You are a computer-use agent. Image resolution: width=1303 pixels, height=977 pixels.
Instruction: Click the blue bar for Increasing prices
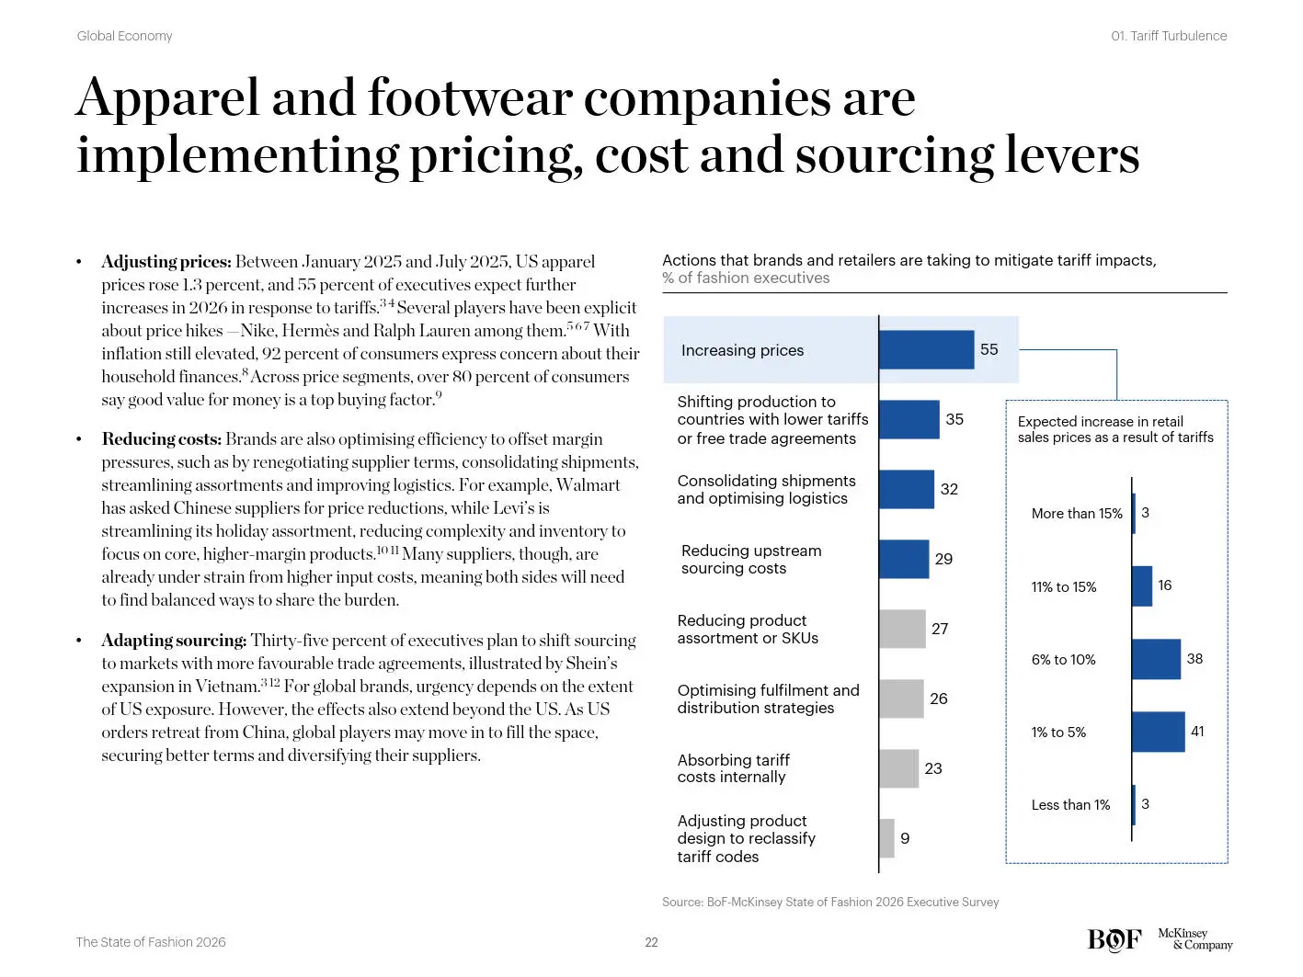click(926, 349)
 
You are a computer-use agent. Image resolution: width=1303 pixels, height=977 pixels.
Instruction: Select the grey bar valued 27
click(902, 629)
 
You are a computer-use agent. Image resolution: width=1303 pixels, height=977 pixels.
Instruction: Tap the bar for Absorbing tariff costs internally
click(898, 768)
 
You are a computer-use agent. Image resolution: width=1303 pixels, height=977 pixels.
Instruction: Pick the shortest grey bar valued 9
click(886, 838)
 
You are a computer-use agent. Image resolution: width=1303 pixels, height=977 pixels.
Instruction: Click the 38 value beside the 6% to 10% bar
click(1194, 658)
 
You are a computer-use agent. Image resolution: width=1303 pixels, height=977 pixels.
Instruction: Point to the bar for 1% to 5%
click(1158, 732)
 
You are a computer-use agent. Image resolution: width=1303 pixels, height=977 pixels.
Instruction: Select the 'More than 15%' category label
click(1077, 513)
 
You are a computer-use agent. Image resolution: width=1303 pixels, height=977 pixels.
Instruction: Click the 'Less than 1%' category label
click(1070, 805)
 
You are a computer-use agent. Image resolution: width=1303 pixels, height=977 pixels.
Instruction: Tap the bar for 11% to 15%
click(1142, 586)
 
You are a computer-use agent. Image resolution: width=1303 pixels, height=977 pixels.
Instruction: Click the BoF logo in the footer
click(1114, 939)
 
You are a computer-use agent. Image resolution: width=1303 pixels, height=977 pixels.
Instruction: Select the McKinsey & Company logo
click(1195, 939)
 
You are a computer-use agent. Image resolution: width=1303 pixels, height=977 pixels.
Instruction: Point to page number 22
click(651, 942)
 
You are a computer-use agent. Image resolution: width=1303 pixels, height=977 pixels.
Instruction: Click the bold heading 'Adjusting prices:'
click(166, 262)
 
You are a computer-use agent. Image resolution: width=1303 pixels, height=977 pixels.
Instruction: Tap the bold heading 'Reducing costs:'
click(162, 439)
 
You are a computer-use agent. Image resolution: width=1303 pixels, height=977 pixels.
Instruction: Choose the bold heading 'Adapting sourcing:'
click(174, 641)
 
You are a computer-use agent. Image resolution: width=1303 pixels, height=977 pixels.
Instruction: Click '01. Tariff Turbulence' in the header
click(1168, 36)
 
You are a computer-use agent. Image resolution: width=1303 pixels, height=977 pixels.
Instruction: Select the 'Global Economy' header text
click(125, 36)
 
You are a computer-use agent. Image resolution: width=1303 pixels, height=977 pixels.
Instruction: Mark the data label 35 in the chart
click(954, 419)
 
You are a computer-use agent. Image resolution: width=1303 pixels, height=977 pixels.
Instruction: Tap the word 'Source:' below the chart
click(682, 902)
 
